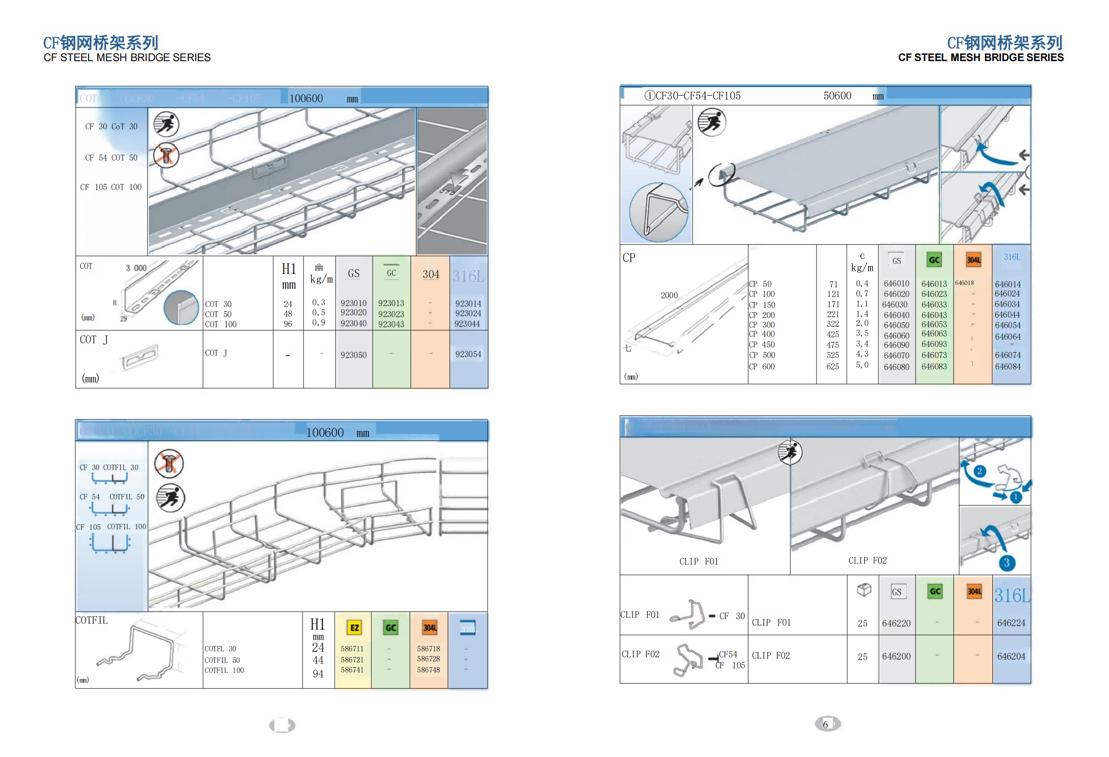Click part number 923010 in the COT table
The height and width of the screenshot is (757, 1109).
(353, 303)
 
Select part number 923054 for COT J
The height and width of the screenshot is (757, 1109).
(467, 354)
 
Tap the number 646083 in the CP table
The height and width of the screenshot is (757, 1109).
(934, 366)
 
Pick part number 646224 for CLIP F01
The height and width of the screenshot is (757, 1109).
(1011, 622)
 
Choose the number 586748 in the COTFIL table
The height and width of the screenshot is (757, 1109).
(428, 670)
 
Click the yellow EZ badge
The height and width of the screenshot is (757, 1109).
(354, 627)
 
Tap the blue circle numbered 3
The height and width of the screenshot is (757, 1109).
(1007, 562)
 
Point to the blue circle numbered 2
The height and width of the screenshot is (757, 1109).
(979, 471)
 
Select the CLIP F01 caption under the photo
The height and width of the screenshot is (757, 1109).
(698, 561)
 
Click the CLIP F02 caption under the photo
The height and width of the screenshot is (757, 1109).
(867, 561)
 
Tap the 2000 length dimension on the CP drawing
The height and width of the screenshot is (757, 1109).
(669, 295)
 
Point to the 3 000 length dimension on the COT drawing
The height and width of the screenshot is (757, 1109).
(136, 268)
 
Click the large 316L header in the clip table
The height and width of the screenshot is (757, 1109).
(1012, 595)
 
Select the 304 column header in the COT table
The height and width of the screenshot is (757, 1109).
(430, 274)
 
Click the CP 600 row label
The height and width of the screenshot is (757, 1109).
(761, 366)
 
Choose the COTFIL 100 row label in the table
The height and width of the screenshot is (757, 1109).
(224, 670)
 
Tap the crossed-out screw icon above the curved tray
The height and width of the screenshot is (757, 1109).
(169, 463)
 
